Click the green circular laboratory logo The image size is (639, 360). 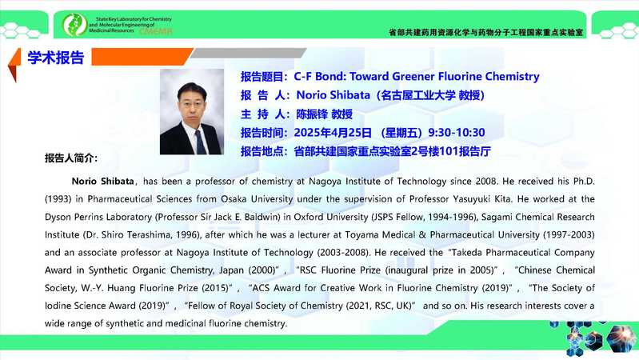(x=74, y=25)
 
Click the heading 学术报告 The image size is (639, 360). (x=56, y=58)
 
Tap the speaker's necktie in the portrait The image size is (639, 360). (x=201, y=142)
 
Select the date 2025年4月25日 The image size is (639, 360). (x=333, y=133)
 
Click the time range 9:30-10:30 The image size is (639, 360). (x=457, y=133)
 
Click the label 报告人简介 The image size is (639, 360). (x=71, y=158)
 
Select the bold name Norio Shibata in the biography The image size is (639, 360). (x=102, y=181)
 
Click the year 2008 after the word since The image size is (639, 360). (x=485, y=181)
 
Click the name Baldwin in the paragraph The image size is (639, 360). (x=262, y=217)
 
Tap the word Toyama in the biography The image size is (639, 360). (x=359, y=235)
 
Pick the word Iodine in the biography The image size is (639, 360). (x=58, y=306)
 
